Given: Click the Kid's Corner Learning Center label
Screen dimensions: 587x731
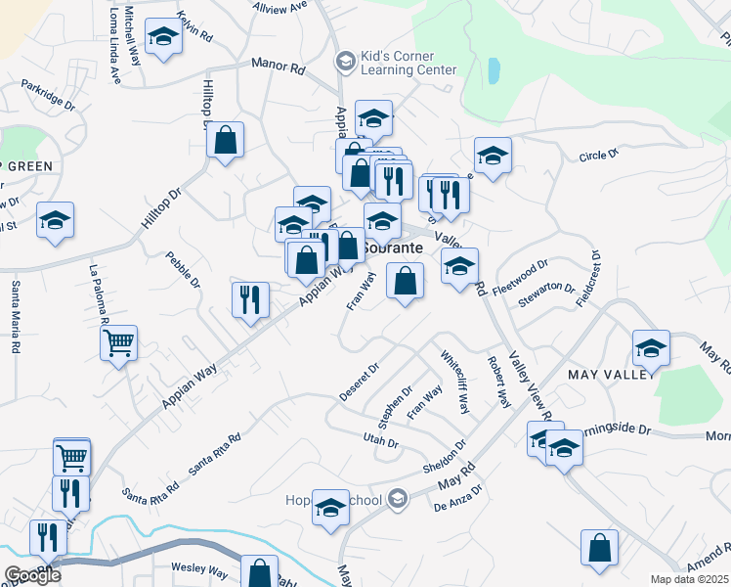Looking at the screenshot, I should (408, 63).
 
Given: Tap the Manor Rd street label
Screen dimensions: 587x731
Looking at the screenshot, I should (278, 66).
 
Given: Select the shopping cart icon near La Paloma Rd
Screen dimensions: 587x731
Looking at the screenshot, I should (118, 343).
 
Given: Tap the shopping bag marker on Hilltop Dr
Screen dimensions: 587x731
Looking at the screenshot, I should (225, 140).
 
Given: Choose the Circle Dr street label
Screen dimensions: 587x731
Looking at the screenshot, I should (598, 155).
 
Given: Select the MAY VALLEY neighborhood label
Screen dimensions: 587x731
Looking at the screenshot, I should (607, 375).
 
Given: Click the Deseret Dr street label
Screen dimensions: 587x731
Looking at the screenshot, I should (358, 382).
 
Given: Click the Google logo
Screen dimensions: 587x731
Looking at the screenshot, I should (31, 575).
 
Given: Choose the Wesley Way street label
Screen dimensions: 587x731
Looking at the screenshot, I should (199, 568).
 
